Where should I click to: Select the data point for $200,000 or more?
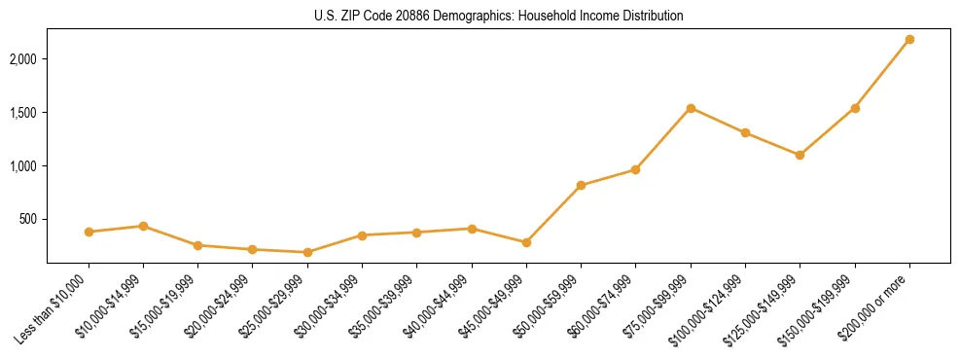[909, 40]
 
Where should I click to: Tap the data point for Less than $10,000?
[89, 232]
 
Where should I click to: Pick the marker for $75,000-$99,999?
[691, 108]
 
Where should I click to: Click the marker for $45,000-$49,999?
[526, 242]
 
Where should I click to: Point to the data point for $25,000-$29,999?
[307, 252]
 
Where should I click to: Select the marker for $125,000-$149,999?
[800, 155]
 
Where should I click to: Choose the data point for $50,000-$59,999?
[581, 185]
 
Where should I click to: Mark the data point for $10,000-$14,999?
[143, 226]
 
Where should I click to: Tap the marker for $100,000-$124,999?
[745, 132]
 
